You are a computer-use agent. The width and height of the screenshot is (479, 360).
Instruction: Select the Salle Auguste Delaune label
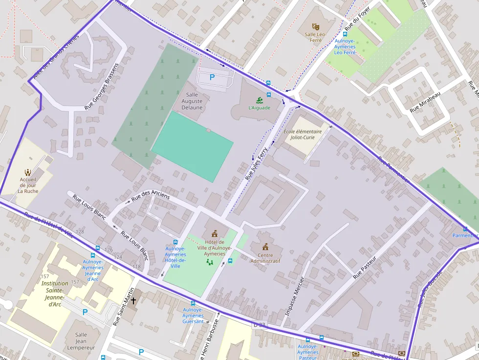point(192,101)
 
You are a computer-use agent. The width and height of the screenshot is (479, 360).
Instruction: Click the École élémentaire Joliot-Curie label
point(306,134)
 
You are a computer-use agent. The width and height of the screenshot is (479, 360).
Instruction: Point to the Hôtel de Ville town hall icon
point(214,234)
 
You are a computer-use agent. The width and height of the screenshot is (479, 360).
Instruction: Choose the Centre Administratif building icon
point(265,247)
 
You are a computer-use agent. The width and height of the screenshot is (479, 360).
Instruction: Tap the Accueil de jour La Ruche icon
point(28,172)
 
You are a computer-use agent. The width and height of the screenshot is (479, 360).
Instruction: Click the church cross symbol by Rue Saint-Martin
point(133,300)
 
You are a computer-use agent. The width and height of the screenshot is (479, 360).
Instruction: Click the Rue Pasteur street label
point(365,268)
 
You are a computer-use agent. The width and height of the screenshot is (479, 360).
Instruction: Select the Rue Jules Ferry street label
point(257,164)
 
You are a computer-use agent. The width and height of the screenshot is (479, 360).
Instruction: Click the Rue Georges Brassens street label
point(102,86)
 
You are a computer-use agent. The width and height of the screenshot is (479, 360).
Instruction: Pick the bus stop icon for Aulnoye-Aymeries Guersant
point(193,303)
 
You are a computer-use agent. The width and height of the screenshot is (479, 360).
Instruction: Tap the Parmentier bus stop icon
point(465,229)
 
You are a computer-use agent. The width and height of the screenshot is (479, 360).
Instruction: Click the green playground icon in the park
point(210,262)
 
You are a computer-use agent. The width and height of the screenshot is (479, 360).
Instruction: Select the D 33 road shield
point(259,325)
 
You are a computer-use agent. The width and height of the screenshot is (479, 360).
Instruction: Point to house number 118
point(136,267)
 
